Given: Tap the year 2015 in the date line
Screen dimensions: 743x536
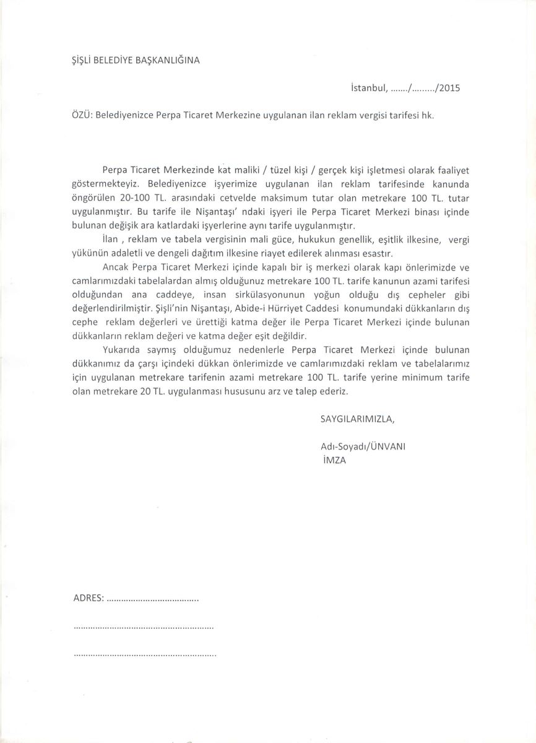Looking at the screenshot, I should [x=447, y=87].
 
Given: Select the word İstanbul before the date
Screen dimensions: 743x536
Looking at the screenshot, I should [x=368, y=87].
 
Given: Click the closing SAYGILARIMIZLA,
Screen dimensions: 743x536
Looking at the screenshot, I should [x=357, y=419].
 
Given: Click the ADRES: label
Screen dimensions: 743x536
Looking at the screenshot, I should [x=89, y=599].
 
